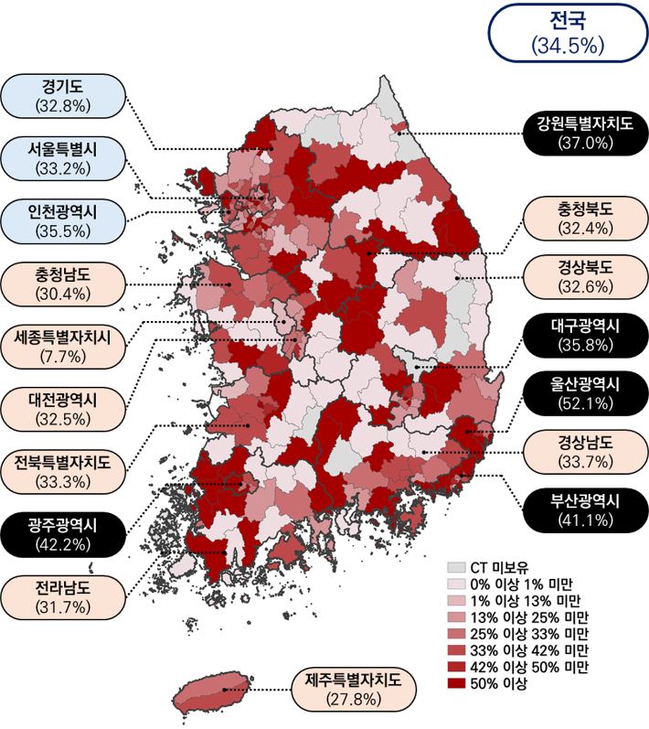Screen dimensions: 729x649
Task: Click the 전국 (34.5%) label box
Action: (568, 32)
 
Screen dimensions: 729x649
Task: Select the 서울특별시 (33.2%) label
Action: (62, 157)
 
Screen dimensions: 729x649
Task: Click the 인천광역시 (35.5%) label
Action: (62, 221)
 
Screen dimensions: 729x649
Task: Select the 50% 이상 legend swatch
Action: (455, 683)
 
